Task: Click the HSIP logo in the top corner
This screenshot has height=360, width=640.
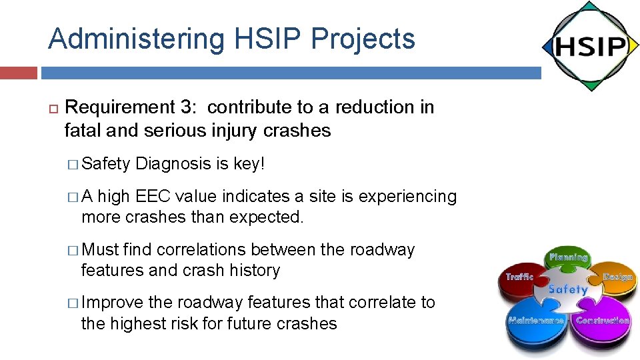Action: click(589, 46)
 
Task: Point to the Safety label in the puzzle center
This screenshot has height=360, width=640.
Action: click(568, 289)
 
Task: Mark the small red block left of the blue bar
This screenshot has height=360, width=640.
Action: click(19, 73)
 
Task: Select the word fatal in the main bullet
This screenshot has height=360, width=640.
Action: click(80, 131)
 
